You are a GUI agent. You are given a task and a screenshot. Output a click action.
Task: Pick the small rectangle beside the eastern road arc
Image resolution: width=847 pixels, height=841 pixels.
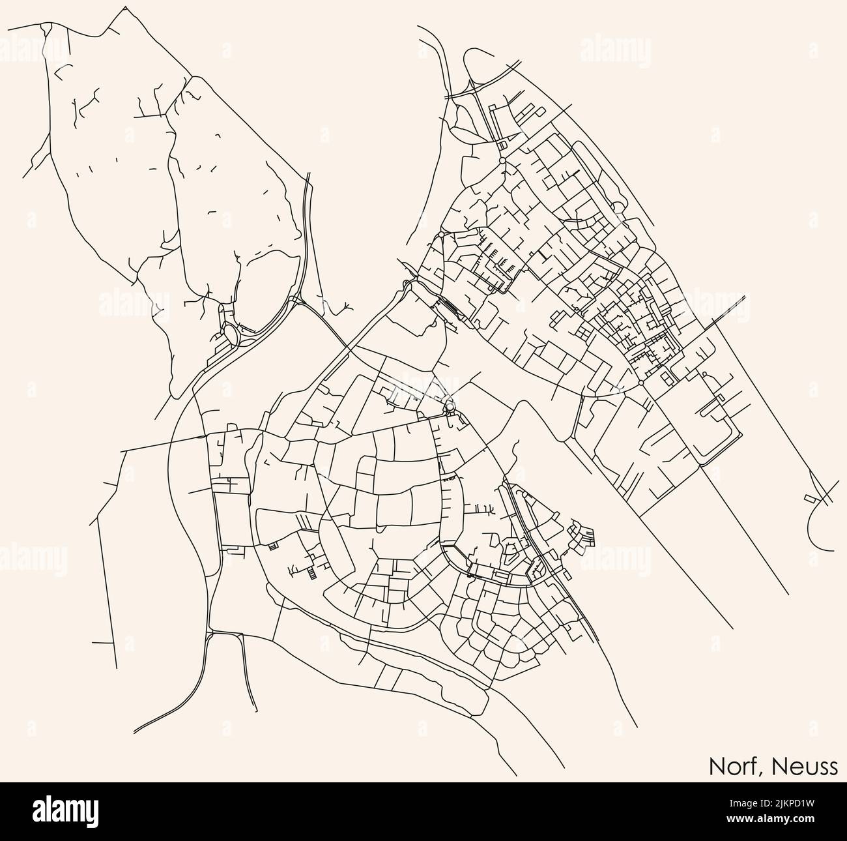click(811, 499)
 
